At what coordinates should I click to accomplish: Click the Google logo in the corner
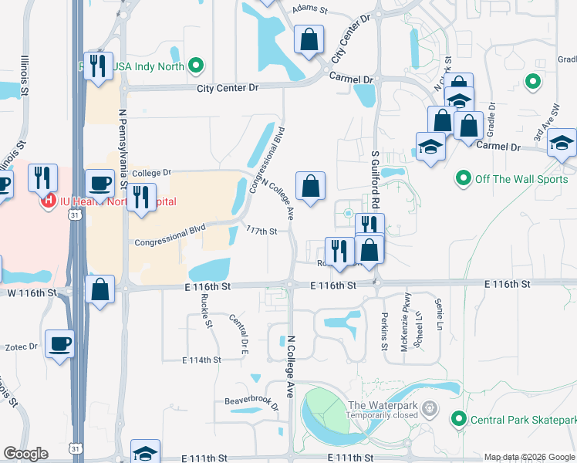point(25,454)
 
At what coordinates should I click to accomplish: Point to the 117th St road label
point(262,231)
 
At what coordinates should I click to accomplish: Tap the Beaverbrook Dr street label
point(251,401)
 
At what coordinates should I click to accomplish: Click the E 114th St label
point(201,360)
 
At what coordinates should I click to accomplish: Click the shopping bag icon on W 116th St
point(101,290)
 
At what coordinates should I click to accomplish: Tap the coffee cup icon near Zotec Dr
point(59,344)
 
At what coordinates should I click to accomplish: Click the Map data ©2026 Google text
point(529,457)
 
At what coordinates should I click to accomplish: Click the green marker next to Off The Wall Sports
point(463,179)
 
